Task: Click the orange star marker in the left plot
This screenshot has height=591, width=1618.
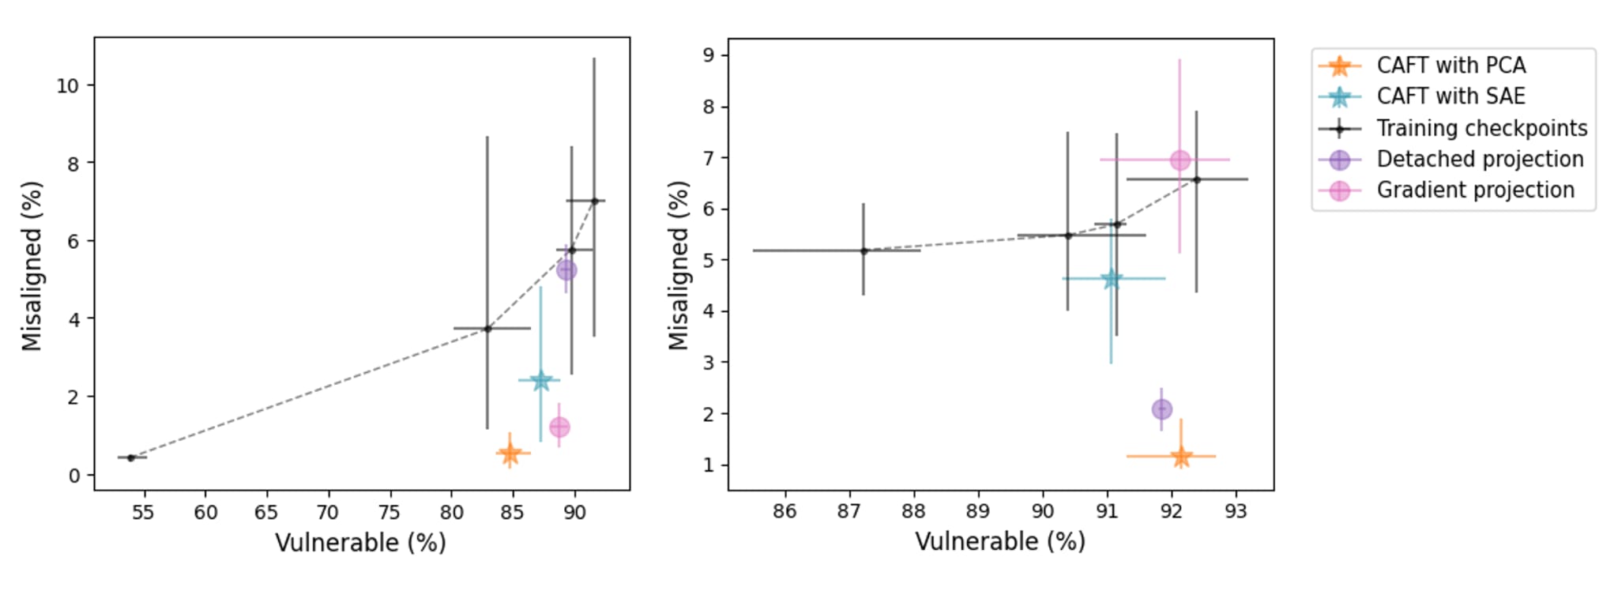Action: pos(510,454)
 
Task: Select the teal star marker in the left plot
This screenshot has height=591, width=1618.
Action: pos(540,381)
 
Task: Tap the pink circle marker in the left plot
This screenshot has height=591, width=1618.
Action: pos(559,427)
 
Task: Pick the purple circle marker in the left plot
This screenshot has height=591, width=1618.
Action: pos(566,270)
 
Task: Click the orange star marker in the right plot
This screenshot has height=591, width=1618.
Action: pos(1181,457)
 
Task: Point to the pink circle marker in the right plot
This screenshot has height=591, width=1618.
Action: pos(1180,160)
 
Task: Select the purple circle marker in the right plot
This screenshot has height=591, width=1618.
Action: pos(1161,409)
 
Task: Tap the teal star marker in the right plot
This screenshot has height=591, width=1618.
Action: pos(1111,279)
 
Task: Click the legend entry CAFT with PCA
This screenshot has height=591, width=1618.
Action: pos(1451,66)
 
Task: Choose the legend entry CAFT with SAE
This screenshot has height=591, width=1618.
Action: pos(1451,96)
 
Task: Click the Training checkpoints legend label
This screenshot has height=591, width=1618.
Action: pos(1481,128)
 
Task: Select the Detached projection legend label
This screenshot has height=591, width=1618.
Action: pos(1480,159)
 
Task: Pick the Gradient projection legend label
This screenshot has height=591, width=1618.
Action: pos(1475,190)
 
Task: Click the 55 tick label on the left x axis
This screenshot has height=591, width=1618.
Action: pos(143,513)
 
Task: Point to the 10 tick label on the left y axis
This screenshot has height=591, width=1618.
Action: pos(67,85)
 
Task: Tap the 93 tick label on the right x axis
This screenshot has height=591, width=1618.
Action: pos(1236,512)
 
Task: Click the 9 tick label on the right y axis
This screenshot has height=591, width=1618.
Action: pos(708,55)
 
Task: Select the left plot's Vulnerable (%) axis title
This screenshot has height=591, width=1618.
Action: pos(360,543)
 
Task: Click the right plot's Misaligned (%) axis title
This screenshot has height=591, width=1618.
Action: pos(679,265)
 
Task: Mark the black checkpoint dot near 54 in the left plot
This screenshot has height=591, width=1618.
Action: pos(131,457)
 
